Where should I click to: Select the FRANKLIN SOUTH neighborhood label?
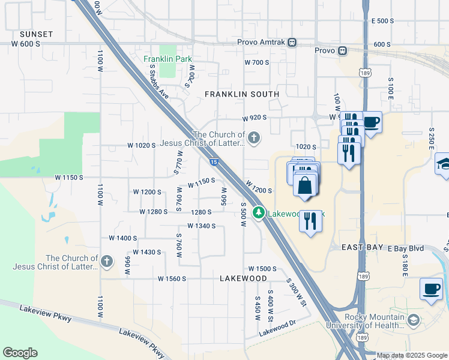242,94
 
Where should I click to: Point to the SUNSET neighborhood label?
36,34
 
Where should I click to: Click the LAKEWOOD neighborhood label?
243,278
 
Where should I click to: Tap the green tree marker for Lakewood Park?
259,212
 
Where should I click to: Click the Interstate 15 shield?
214,161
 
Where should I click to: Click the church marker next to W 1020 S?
254,139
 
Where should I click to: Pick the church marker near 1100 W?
106,262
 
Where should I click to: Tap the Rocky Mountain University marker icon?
413,321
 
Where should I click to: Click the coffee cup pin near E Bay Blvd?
431,290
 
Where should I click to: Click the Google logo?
20,353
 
